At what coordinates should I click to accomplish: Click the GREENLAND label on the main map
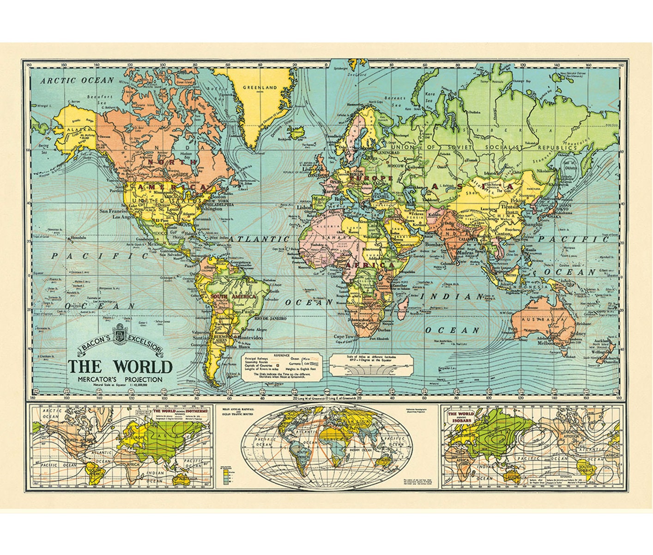click(x=260, y=87)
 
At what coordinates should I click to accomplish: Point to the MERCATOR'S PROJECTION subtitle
click(x=120, y=379)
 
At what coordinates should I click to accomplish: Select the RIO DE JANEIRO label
click(x=266, y=319)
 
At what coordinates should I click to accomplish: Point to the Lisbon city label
click(x=304, y=208)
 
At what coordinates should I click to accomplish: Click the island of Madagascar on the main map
click(x=404, y=303)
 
